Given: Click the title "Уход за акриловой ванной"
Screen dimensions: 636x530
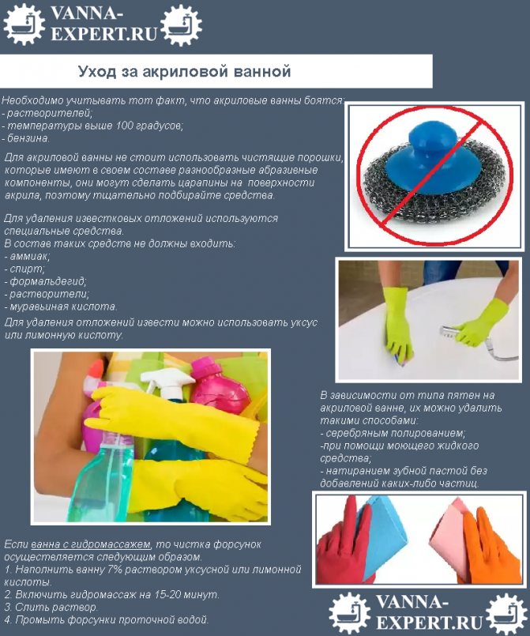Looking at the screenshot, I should [185, 72].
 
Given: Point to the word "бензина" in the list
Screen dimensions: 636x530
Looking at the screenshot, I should [29, 137].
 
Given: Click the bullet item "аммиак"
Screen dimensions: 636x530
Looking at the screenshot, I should [29, 256].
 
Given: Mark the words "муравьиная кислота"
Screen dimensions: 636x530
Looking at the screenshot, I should [63, 307].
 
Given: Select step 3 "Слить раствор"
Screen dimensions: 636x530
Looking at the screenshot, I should [55, 607].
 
